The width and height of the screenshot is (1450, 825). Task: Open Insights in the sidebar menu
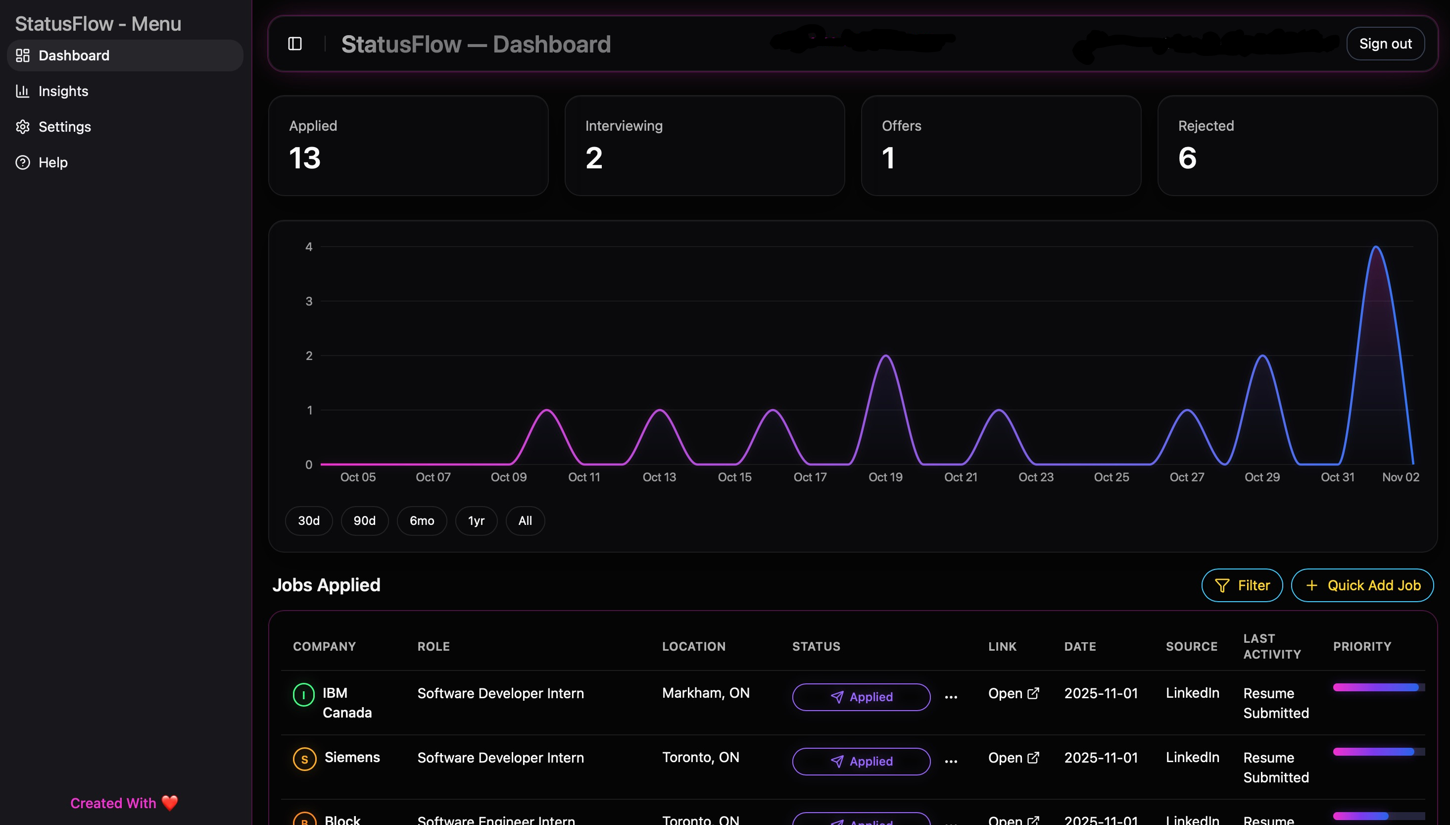(x=63, y=91)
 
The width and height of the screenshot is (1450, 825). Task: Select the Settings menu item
(x=64, y=127)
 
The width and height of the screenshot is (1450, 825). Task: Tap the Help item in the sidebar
(x=52, y=162)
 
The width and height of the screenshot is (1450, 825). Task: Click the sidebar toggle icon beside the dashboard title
(x=295, y=44)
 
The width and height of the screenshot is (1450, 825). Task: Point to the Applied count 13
(x=305, y=158)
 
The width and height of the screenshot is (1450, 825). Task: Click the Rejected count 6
(x=1187, y=158)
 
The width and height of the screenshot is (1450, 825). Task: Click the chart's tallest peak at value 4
(x=1376, y=248)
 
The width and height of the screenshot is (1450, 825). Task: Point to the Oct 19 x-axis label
(x=885, y=477)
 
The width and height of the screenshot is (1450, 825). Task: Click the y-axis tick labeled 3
(x=309, y=302)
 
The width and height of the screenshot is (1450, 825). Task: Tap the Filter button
(x=1242, y=585)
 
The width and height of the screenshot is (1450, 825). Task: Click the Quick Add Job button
(x=1362, y=585)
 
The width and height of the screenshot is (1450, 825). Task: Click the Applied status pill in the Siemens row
(x=861, y=761)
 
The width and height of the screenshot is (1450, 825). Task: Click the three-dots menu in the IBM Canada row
(x=951, y=697)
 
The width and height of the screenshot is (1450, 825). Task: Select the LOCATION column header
(x=694, y=647)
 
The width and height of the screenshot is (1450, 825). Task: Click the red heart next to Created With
(x=170, y=803)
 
